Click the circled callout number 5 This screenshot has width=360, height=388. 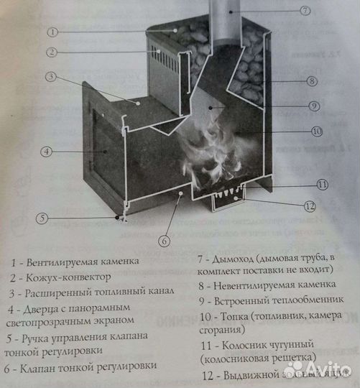point(43,218)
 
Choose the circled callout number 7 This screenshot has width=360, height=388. point(305,10)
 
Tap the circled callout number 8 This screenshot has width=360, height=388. point(311,81)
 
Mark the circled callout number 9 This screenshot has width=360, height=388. point(315,106)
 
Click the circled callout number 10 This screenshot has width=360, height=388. point(316,131)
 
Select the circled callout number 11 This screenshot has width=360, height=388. point(322,185)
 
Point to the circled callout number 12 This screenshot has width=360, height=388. point(310,207)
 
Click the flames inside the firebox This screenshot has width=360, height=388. point(208,154)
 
